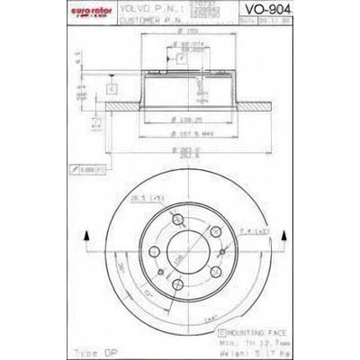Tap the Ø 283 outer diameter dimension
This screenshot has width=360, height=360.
tap(186, 148)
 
